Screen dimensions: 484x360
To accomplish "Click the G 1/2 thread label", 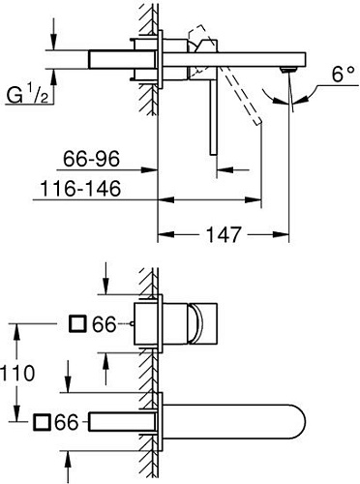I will click(x=28, y=96).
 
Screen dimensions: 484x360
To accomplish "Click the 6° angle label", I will click(x=329, y=74).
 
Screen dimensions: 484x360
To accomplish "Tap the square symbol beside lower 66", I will click(x=42, y=421).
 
